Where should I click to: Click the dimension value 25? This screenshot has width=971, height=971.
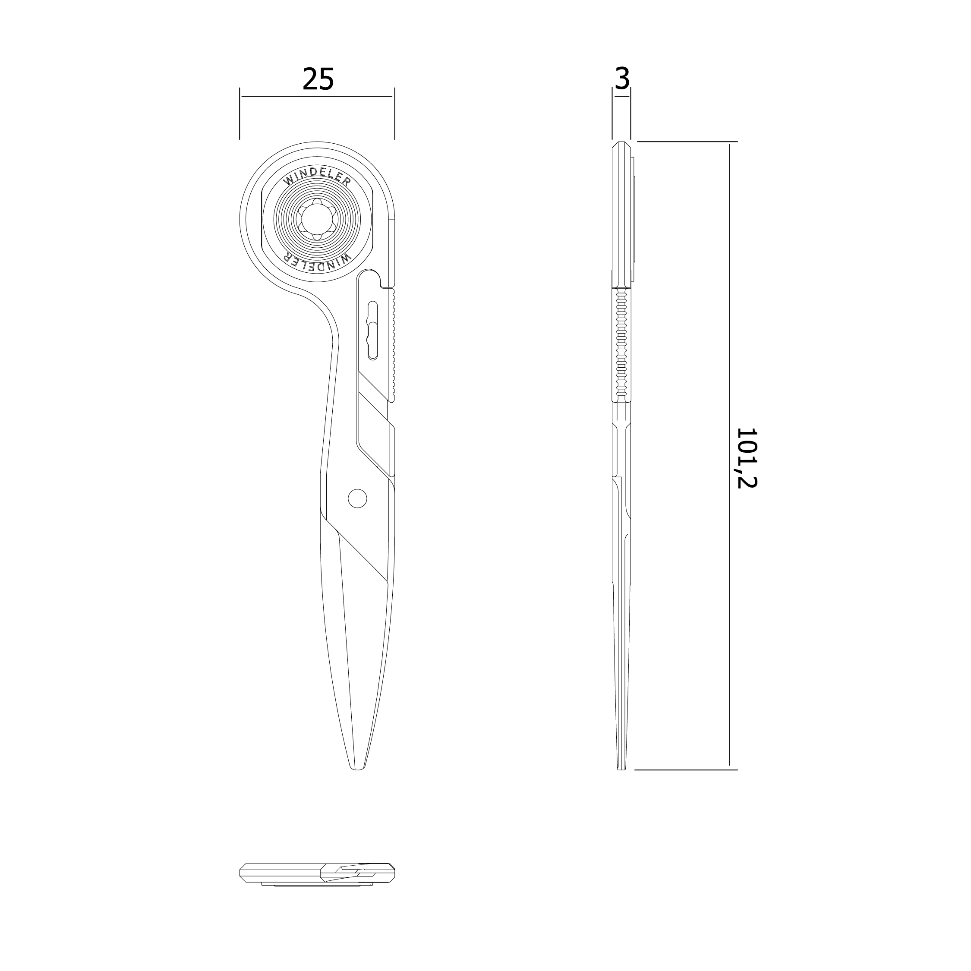318,79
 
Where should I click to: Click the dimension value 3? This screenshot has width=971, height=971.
622,79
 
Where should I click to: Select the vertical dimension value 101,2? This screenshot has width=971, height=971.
747,458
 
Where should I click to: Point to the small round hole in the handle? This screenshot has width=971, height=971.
357,498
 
